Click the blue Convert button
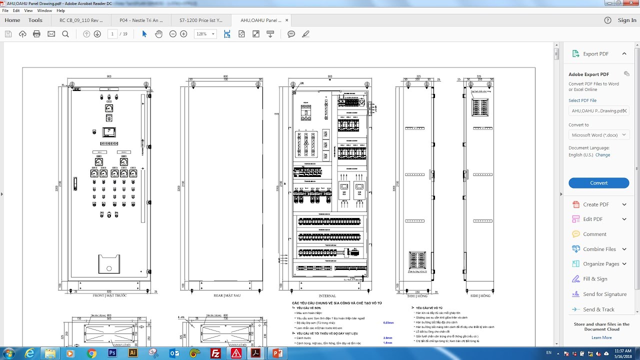598,183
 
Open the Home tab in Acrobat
12,20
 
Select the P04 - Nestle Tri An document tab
141,20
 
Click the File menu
5,10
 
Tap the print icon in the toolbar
36,34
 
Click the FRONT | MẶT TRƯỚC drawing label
109,295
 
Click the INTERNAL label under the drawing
327,296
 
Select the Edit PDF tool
592,219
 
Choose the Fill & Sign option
595,279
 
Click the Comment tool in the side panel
594,234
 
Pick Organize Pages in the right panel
601,264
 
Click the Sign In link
627,20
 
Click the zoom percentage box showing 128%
205,34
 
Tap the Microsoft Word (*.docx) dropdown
598,135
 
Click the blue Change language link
602,155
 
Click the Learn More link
601,337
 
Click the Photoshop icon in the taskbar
112,353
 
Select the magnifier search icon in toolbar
65,34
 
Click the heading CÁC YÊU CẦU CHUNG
336,303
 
